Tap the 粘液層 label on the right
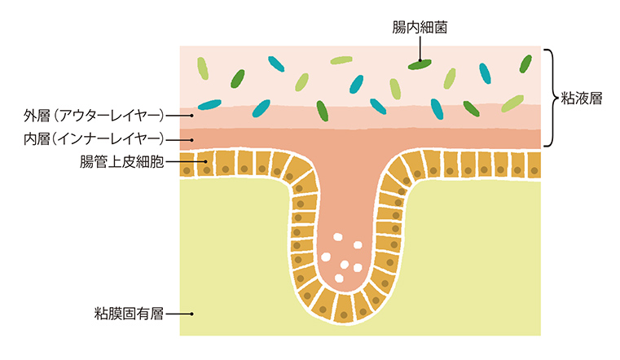tap(582, 99)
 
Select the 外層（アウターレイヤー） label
tap(95, 113)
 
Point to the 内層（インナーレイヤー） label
tap(95, 138)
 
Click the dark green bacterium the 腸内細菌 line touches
tap(420, 63)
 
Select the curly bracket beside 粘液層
tap(552, 99)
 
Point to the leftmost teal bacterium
tap(210, 104)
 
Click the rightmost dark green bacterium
tap(525, 64)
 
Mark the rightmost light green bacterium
tap(512, 103)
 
